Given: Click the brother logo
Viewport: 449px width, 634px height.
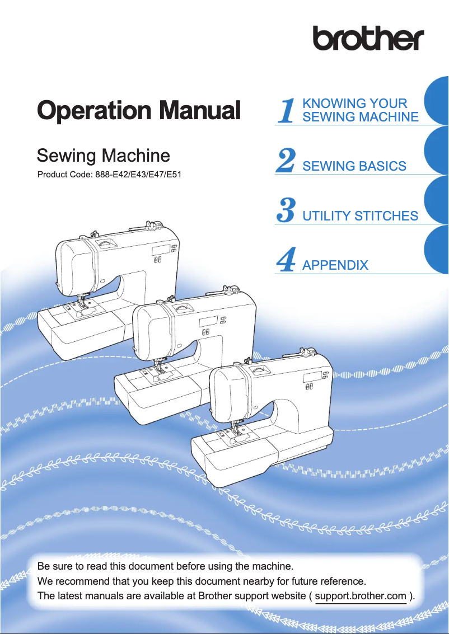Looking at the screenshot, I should (x=368, y=39).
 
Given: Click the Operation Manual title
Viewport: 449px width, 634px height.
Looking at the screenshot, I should (x=138, y=110).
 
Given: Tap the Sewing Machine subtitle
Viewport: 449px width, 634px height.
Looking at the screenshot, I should (x=103, y=155).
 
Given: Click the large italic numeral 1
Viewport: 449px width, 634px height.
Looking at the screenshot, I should (x=287, y=110).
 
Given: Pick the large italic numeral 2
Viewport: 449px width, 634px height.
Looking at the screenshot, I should (x=286, y=162).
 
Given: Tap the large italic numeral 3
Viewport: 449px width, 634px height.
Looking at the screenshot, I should (x=286, y=211).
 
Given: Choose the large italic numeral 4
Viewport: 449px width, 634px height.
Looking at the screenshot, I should (x=286, y=261).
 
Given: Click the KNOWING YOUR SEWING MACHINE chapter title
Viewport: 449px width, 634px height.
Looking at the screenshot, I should (x=360, y=110).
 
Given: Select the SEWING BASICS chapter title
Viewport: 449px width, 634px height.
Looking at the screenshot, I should (x=354, y=166).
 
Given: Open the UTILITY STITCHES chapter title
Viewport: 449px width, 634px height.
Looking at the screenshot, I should (x=360, y=216).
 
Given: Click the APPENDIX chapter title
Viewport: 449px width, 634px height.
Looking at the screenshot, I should (x=335, y=265).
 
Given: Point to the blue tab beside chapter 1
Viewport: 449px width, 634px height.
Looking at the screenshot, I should (x=437, y=101).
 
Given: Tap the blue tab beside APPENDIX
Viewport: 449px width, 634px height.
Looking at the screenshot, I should (x=437, y=250).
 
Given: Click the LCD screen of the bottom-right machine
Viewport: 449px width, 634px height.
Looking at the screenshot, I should (x=311, y=378).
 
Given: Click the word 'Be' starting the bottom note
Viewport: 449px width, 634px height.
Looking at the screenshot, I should (x=43, y=562).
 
